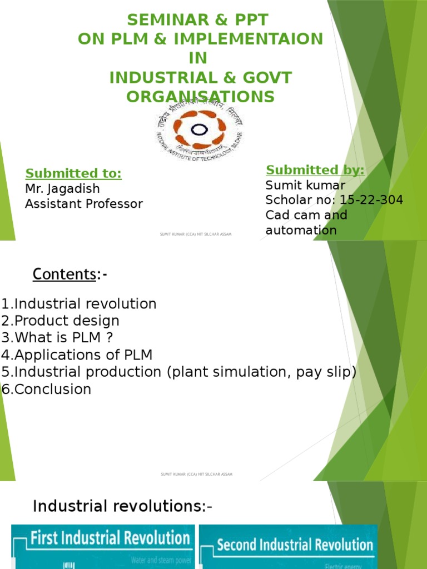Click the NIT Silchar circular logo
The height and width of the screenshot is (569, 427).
pos(198,131)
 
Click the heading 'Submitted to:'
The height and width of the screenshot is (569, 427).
pos(74,173)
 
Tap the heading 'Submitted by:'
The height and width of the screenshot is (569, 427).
pos(315,170)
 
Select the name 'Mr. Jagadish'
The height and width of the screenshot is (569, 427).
pos(62,188)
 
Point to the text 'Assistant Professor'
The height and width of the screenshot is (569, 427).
pos(84,203)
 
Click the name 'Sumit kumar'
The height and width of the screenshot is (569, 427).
pos(305,185)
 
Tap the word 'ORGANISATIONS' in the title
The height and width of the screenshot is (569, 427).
pos(200,97)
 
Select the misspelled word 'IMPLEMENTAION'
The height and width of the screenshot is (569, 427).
pos(247,39)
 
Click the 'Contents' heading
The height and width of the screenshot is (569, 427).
pos(64,274)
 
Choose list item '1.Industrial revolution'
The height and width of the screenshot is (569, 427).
pos(79,304)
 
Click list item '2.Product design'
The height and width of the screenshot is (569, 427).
pos(60,321)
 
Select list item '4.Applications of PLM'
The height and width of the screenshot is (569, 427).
pos(77,355)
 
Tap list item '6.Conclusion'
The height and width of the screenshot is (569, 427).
pos(46,389)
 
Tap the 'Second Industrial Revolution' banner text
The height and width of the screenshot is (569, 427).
pos(295,544)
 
